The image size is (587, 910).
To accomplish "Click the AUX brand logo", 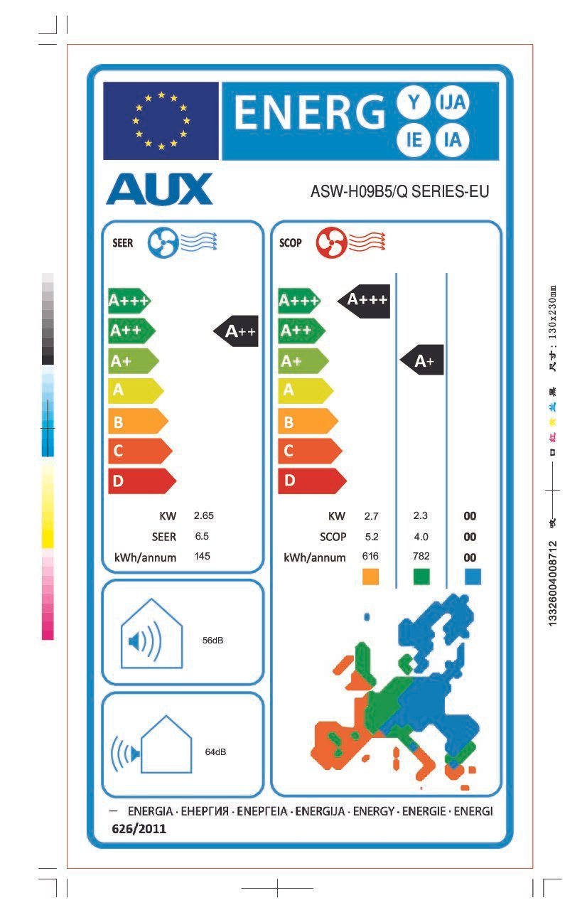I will coord(159,188).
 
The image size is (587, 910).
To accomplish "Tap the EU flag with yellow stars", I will coord(161,120).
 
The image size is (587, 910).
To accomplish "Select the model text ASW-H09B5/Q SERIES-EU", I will coord(399,191).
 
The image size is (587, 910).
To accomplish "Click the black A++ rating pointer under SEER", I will coord(236,331).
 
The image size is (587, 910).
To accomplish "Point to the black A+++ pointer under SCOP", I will coord(364,300).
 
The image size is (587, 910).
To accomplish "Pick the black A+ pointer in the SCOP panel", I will coord(422,361).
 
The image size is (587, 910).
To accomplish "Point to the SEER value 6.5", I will coord(202,536).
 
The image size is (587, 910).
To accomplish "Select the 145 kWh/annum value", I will coord(202,556).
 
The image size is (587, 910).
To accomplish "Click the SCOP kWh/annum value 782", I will coord(421,556).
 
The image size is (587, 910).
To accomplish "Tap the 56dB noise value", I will coord(213,641).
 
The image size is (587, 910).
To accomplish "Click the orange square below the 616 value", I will coord(370,576).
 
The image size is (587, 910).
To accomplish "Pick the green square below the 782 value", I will coord(421,576).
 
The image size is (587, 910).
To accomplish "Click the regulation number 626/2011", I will coord(139,828).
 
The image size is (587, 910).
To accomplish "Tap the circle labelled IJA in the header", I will coord(453,104).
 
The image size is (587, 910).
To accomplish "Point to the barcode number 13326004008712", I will coord(554,583).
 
